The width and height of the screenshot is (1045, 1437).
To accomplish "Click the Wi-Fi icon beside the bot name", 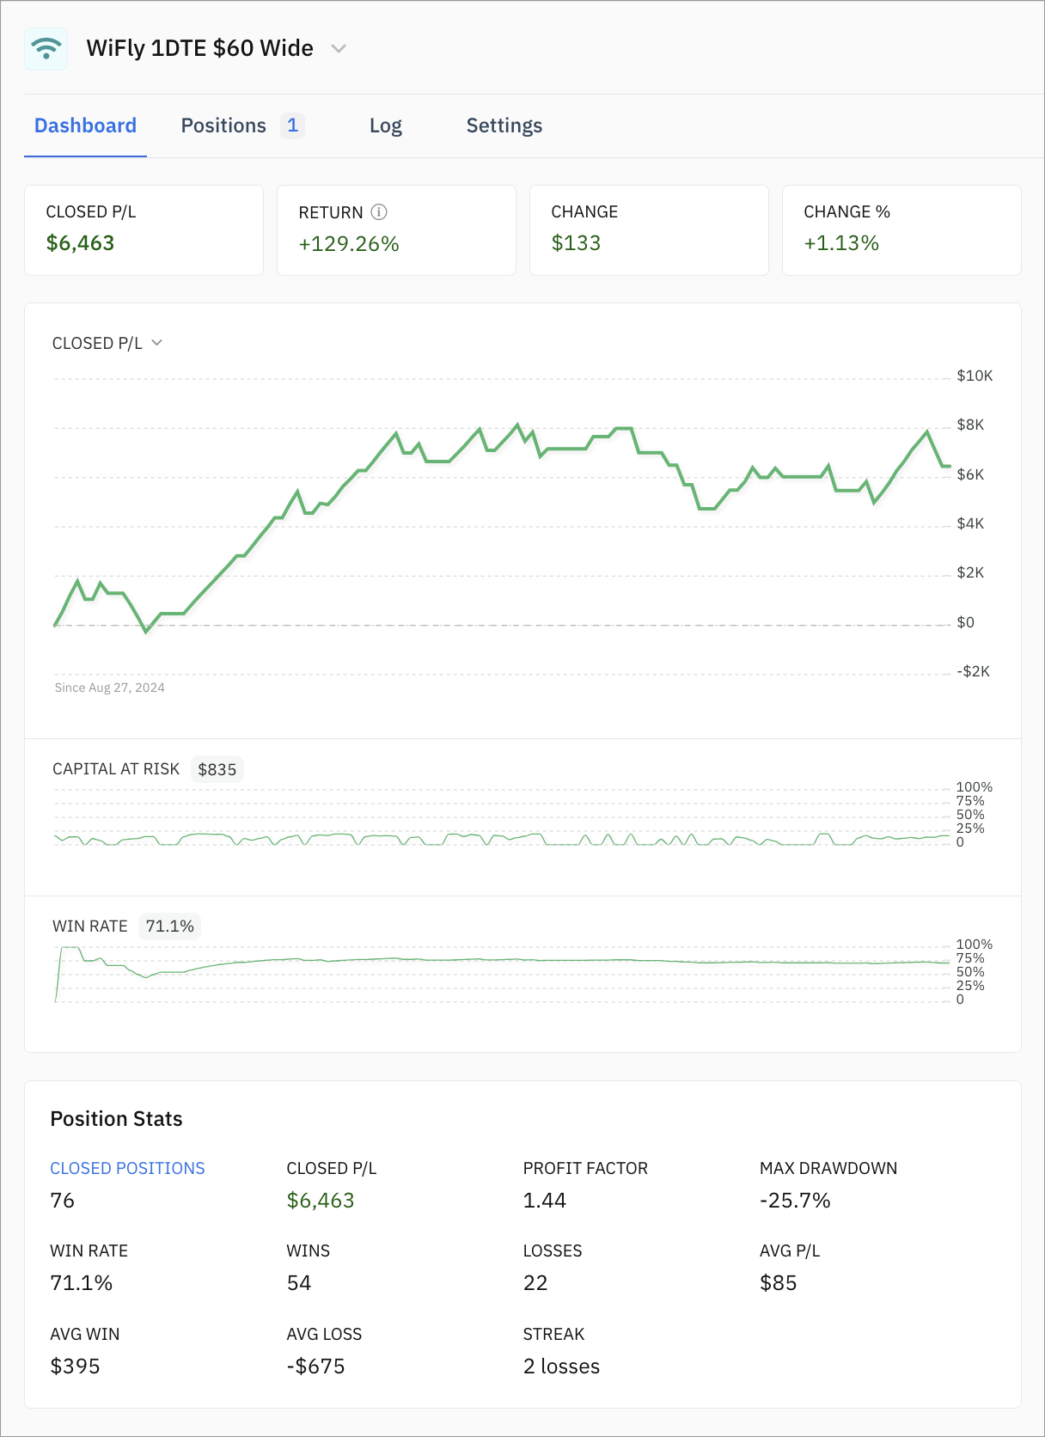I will click(46, 48).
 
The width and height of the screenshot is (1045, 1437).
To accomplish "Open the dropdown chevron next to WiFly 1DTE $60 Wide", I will click(339, 49).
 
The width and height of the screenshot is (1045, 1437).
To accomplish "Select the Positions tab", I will click(223, 125).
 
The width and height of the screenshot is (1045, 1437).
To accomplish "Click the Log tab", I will click(385, 125).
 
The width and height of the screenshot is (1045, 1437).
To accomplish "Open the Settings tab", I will click(504, 125).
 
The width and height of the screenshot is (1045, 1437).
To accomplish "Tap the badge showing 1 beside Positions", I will click(292, 125).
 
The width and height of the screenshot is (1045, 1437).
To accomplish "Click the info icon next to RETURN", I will click(379, 211).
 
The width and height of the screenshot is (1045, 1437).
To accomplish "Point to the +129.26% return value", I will click(349, 244).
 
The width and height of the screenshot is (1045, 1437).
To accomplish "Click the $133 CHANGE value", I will click(576, 243).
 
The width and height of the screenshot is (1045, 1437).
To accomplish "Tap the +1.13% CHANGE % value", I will click(840, 243).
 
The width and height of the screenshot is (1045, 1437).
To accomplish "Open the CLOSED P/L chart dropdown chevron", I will click(157, 343).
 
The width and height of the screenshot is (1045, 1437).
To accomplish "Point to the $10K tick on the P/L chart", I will click(975, 376).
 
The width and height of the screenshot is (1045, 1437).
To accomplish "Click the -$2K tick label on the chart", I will click(973, 671).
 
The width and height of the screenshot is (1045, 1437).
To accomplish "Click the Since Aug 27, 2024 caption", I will click(109, 688).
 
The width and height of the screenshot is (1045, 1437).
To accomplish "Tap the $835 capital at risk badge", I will click(217, 769).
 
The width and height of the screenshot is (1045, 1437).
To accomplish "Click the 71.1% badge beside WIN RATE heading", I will click(169, 926).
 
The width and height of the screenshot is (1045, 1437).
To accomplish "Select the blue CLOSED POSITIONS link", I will click(127, 1168).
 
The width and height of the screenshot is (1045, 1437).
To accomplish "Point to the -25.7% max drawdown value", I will click(795, 1201).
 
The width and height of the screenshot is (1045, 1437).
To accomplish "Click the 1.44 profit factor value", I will click(544, 1201).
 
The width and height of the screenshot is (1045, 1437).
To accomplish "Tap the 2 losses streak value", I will click(561, 1367).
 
